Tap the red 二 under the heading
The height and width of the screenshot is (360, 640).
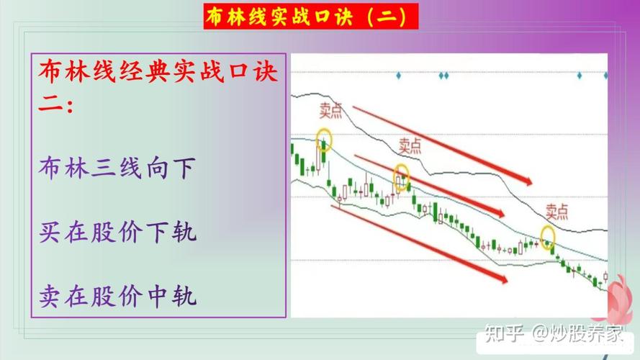(50, 105)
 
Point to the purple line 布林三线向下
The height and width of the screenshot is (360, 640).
(117, 168)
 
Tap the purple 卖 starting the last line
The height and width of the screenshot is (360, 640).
(50, 295)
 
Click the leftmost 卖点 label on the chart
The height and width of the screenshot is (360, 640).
(333, 110)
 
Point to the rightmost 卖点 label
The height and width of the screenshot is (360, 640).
(556, 211)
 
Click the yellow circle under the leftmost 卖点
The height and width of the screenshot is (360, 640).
(324, 139)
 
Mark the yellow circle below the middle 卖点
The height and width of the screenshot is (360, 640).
(401, 175)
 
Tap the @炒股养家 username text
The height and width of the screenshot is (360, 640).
(577, 333)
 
